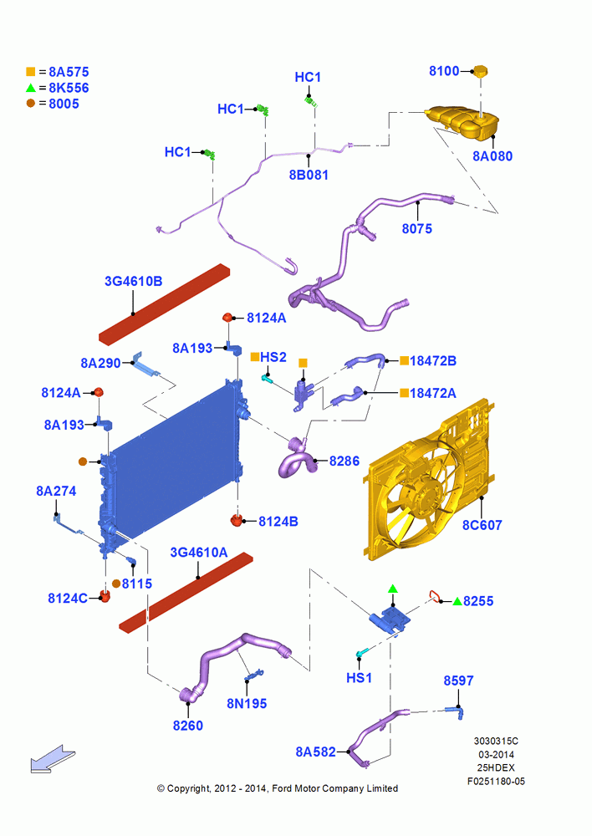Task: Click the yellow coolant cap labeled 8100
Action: pos(481,71)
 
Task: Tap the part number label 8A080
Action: pos(492,156)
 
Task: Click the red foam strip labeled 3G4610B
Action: pos(164,304)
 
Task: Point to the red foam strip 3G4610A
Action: pos(186,593)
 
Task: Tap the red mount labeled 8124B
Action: pos(237,520)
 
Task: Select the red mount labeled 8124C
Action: pos(105,595)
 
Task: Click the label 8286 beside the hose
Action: pos(344,461)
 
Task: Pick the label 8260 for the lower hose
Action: pos(188,725)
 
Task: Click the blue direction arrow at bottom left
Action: pos(53,759)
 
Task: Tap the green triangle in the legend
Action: pos(31,88)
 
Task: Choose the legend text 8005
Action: pos(64,104)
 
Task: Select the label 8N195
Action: pos(247,704)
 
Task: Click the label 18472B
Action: pos(432,361)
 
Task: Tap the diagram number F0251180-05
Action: pos(496,781)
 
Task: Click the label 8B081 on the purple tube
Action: pos(309,175)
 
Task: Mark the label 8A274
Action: pos(56,491)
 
